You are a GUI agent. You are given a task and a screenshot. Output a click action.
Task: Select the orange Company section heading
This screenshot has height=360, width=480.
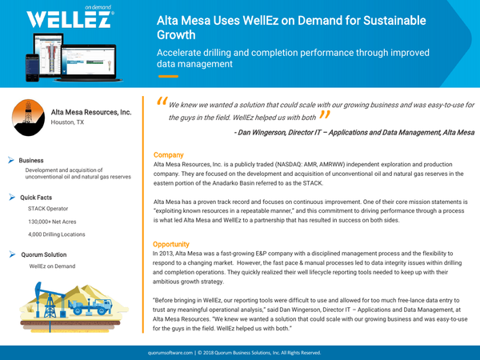(x=168, y=154)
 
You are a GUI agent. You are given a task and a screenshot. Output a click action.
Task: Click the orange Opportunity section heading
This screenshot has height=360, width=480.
(x=171, y=243)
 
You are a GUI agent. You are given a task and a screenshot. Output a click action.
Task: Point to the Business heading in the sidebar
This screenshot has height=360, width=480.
(x=31, y=160)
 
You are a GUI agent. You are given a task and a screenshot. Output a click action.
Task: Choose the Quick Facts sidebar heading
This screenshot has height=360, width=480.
(x=36, y=197)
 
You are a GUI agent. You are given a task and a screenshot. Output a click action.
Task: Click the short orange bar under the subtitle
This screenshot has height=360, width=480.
(x=167, y=76)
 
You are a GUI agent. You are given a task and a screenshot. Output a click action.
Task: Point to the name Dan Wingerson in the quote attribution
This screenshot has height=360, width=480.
(x=268, y=131)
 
